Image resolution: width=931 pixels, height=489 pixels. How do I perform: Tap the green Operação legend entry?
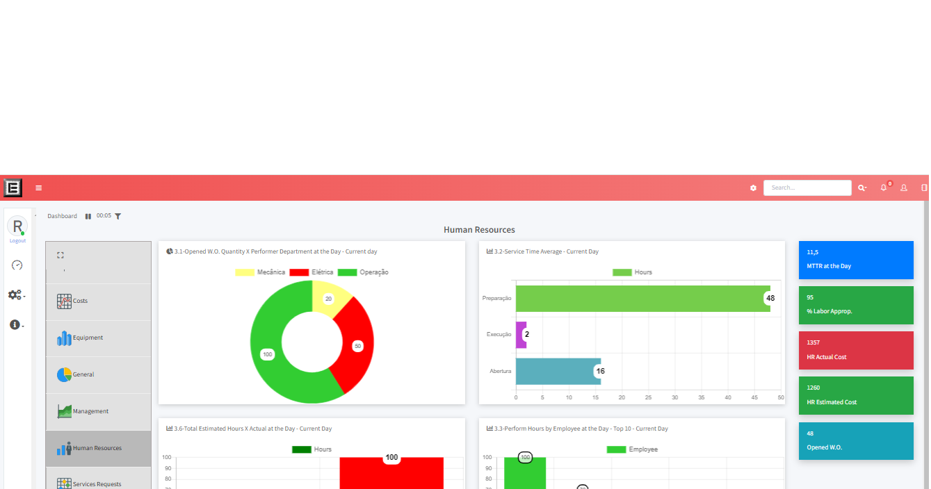363,272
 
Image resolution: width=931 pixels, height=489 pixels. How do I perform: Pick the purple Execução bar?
521,334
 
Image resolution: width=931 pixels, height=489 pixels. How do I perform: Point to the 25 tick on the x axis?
648,397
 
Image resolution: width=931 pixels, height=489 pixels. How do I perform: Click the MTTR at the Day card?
855,260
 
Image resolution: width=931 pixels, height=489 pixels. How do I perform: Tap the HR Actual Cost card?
855,350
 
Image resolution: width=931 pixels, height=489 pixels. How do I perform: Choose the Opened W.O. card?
855,440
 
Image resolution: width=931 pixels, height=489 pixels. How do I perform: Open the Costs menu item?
80,301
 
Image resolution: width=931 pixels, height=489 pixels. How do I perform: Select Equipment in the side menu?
88,338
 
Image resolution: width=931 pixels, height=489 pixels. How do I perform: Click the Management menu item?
90,411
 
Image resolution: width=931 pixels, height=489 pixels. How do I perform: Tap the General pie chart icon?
64,374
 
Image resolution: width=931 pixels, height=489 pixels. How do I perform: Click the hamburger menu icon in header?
39,188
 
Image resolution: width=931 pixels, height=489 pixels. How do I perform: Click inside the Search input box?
807,188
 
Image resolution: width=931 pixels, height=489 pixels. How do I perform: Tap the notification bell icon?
883,188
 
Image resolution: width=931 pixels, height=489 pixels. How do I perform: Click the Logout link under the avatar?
17,241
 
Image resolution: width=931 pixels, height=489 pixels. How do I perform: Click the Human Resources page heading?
479,230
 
